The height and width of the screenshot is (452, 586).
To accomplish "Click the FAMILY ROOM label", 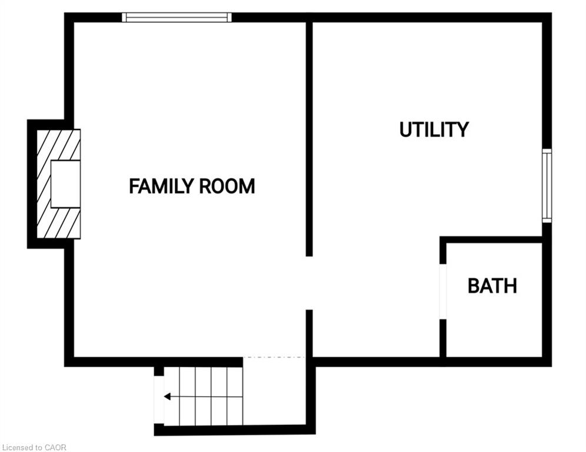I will pos(192,187).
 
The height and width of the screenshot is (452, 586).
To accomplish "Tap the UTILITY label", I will pos(434,129).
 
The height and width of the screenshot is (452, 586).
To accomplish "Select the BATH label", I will pos(492,286).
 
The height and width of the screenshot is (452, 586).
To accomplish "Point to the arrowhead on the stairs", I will pos(167,397).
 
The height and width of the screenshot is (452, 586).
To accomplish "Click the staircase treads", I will pos(203,395).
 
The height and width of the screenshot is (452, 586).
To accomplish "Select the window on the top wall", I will pos(177,18).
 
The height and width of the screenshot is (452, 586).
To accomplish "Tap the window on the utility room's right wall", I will pos(547,185).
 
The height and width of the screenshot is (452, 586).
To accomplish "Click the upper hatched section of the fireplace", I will pos(58,144).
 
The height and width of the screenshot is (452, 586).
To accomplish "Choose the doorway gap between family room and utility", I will pos(309,283).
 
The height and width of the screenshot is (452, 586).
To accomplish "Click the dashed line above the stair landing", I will pos(274,357).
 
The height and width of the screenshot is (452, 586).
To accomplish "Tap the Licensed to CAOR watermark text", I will pos(34,447).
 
